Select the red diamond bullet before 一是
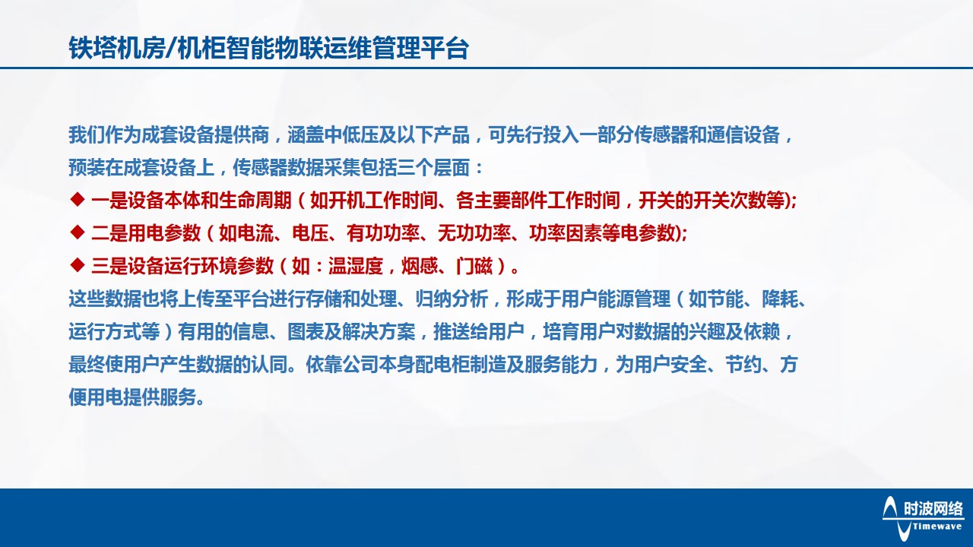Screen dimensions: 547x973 point(76,200)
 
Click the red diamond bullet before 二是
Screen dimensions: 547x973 point(76,232)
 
